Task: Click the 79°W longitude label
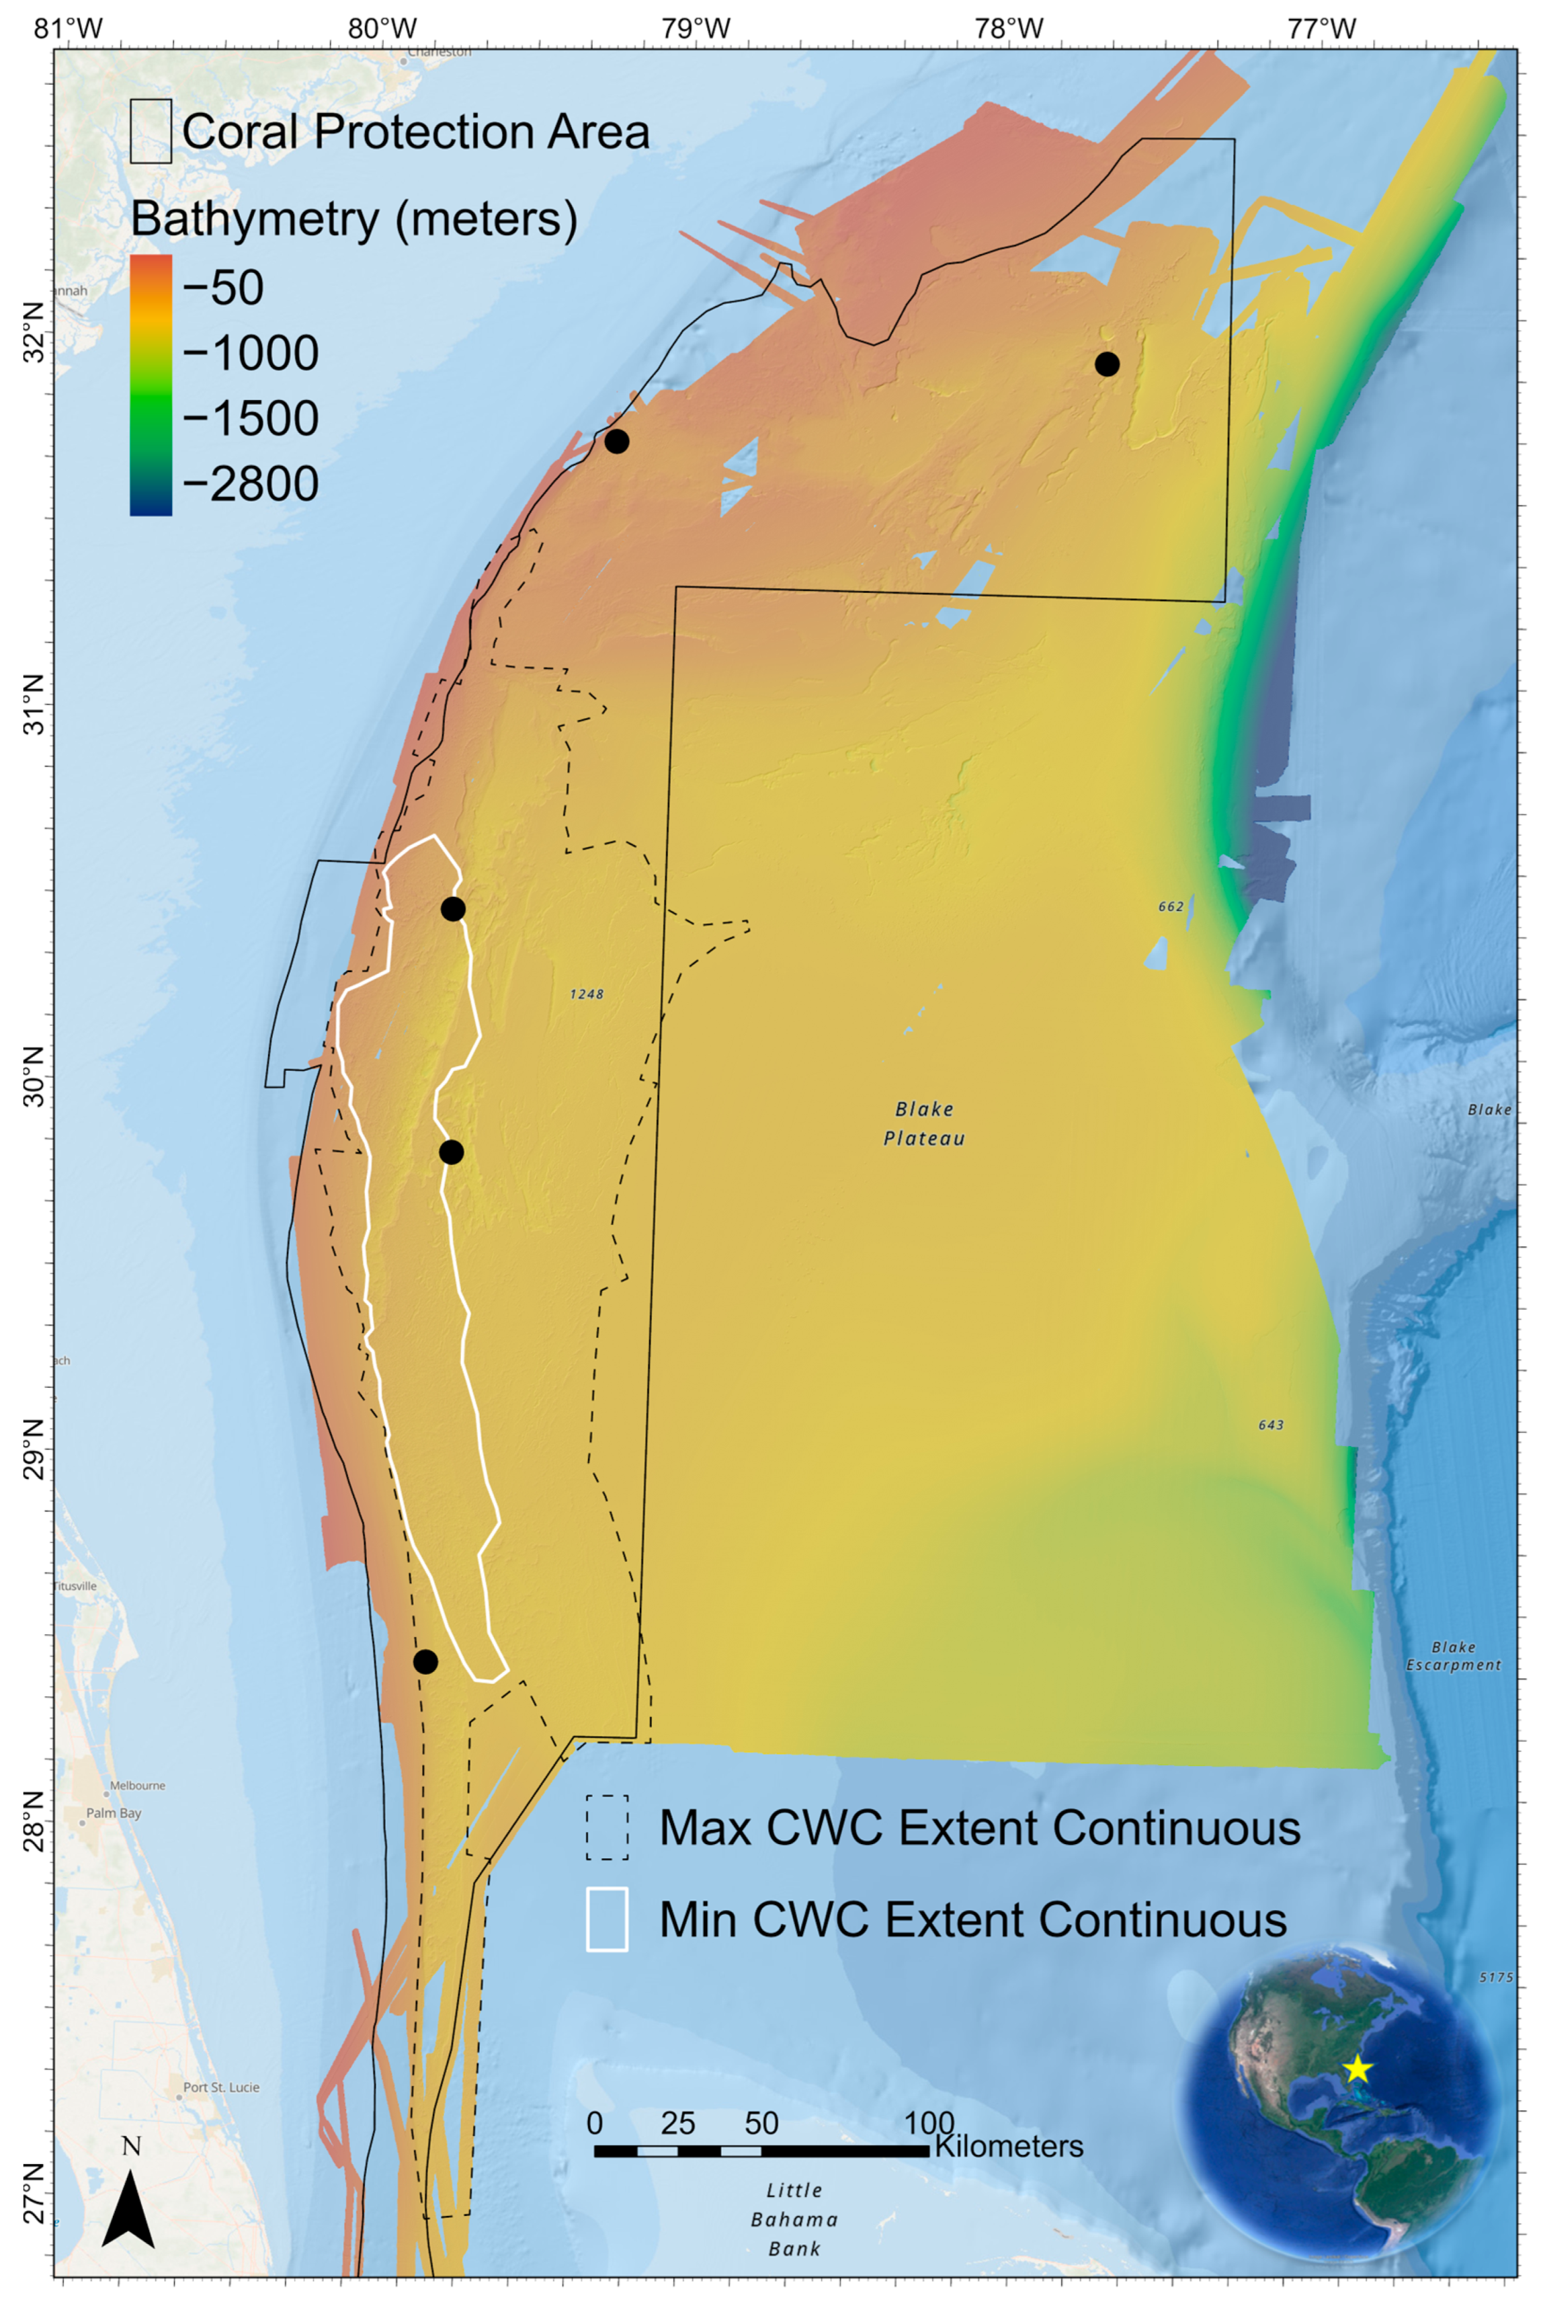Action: pyautogui.click(x=695, y=28)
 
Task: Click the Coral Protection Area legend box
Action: pyautogui.click(x=151, y=130)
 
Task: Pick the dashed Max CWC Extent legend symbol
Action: pyautogui.click(x=606, y=1827)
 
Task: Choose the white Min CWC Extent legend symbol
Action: pyautogui.click(x=606, y=1919)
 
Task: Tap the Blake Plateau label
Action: pyautogui.click(x=924, y=1123)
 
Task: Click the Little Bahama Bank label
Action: pyautogui.click(x=794, y=2219)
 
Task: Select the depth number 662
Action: pyautogui.click(x=1171, y=906)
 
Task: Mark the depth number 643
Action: pyautogui.click(x=1271, y=1425)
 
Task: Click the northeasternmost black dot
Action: pyautogui.click(x=1107, y=364)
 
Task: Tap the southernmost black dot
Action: pyautogui.click(x=425, y=1662)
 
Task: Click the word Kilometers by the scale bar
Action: pyautogui.click(x=1009, y=2146)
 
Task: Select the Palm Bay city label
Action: pyautogui.click(x=114, y=1813)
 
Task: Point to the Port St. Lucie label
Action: pyautogui.click(x=221, y=2087)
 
